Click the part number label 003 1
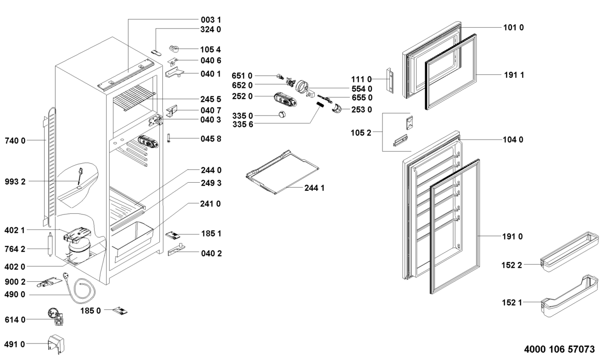click(211, 19)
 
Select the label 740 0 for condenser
click(15, 141)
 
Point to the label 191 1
click(514, 75)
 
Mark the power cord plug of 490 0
click(66, 276)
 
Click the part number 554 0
click(362, 88)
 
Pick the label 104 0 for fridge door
click(514, 140)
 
